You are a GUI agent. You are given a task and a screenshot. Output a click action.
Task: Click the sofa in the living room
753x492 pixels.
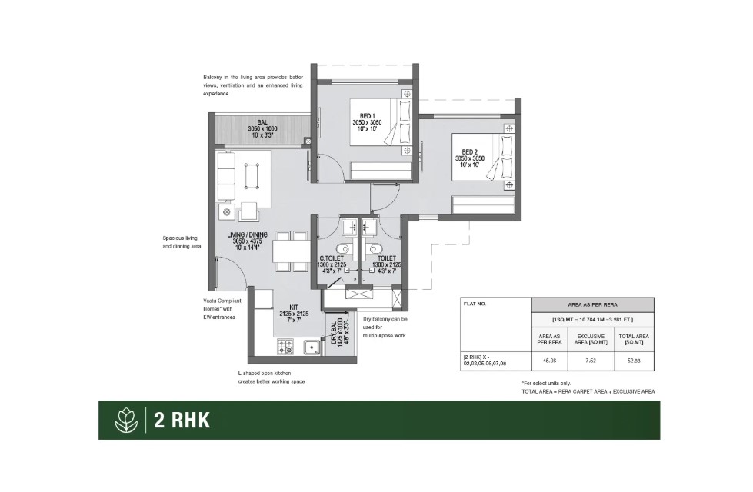[225, 176]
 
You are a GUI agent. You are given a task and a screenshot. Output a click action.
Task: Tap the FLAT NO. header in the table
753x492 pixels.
[474, 303]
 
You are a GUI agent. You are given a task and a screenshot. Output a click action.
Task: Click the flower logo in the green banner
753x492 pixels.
[124, 420]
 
